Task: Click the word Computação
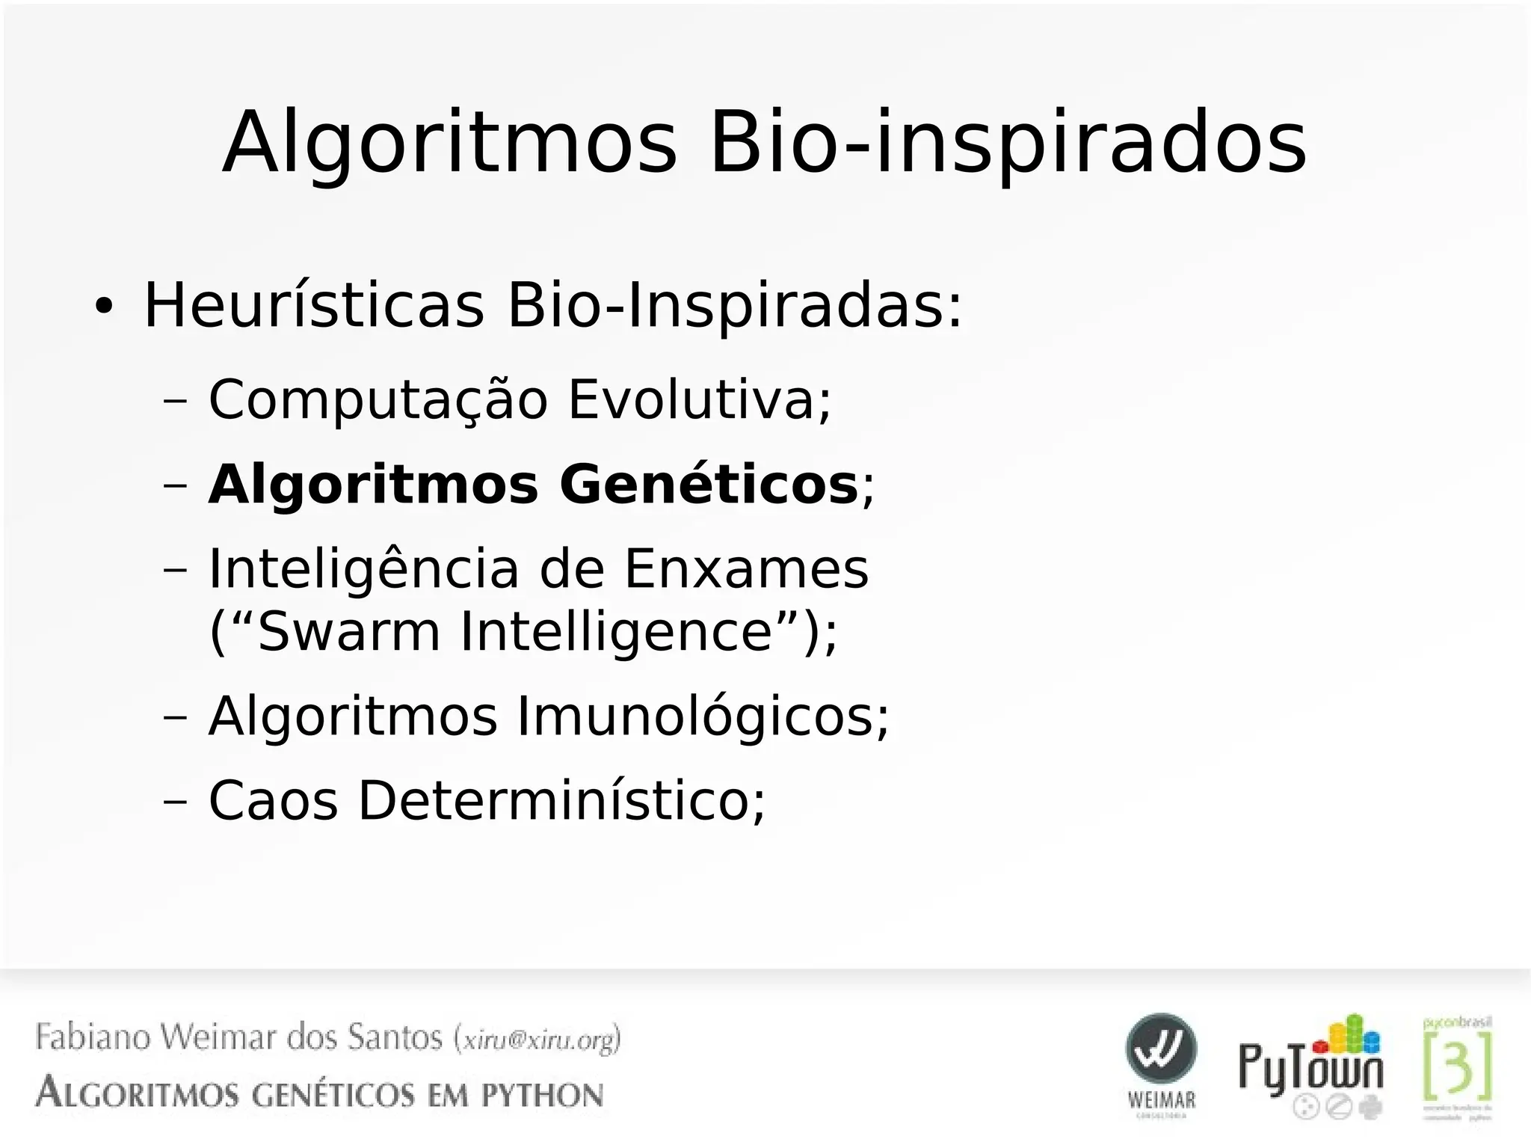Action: coord(378,400)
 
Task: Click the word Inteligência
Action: coord(363,568)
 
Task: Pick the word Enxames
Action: coord(746,568)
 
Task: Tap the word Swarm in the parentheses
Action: coord(349,632)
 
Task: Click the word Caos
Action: coord(273,801)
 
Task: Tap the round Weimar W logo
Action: coord(1161,1049)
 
